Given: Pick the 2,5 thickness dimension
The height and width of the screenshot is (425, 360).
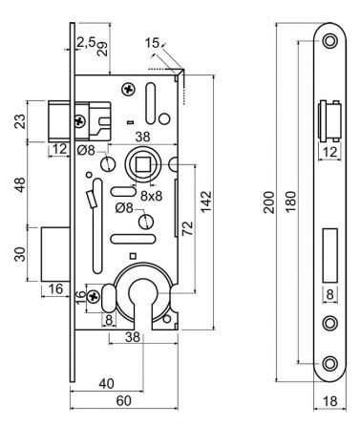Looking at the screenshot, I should [85, 42].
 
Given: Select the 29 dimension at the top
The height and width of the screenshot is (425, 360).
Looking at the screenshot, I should [102, 45].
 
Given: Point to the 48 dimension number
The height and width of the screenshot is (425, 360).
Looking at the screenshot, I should [20, 185].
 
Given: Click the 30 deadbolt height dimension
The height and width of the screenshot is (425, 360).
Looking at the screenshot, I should [20, 253].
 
